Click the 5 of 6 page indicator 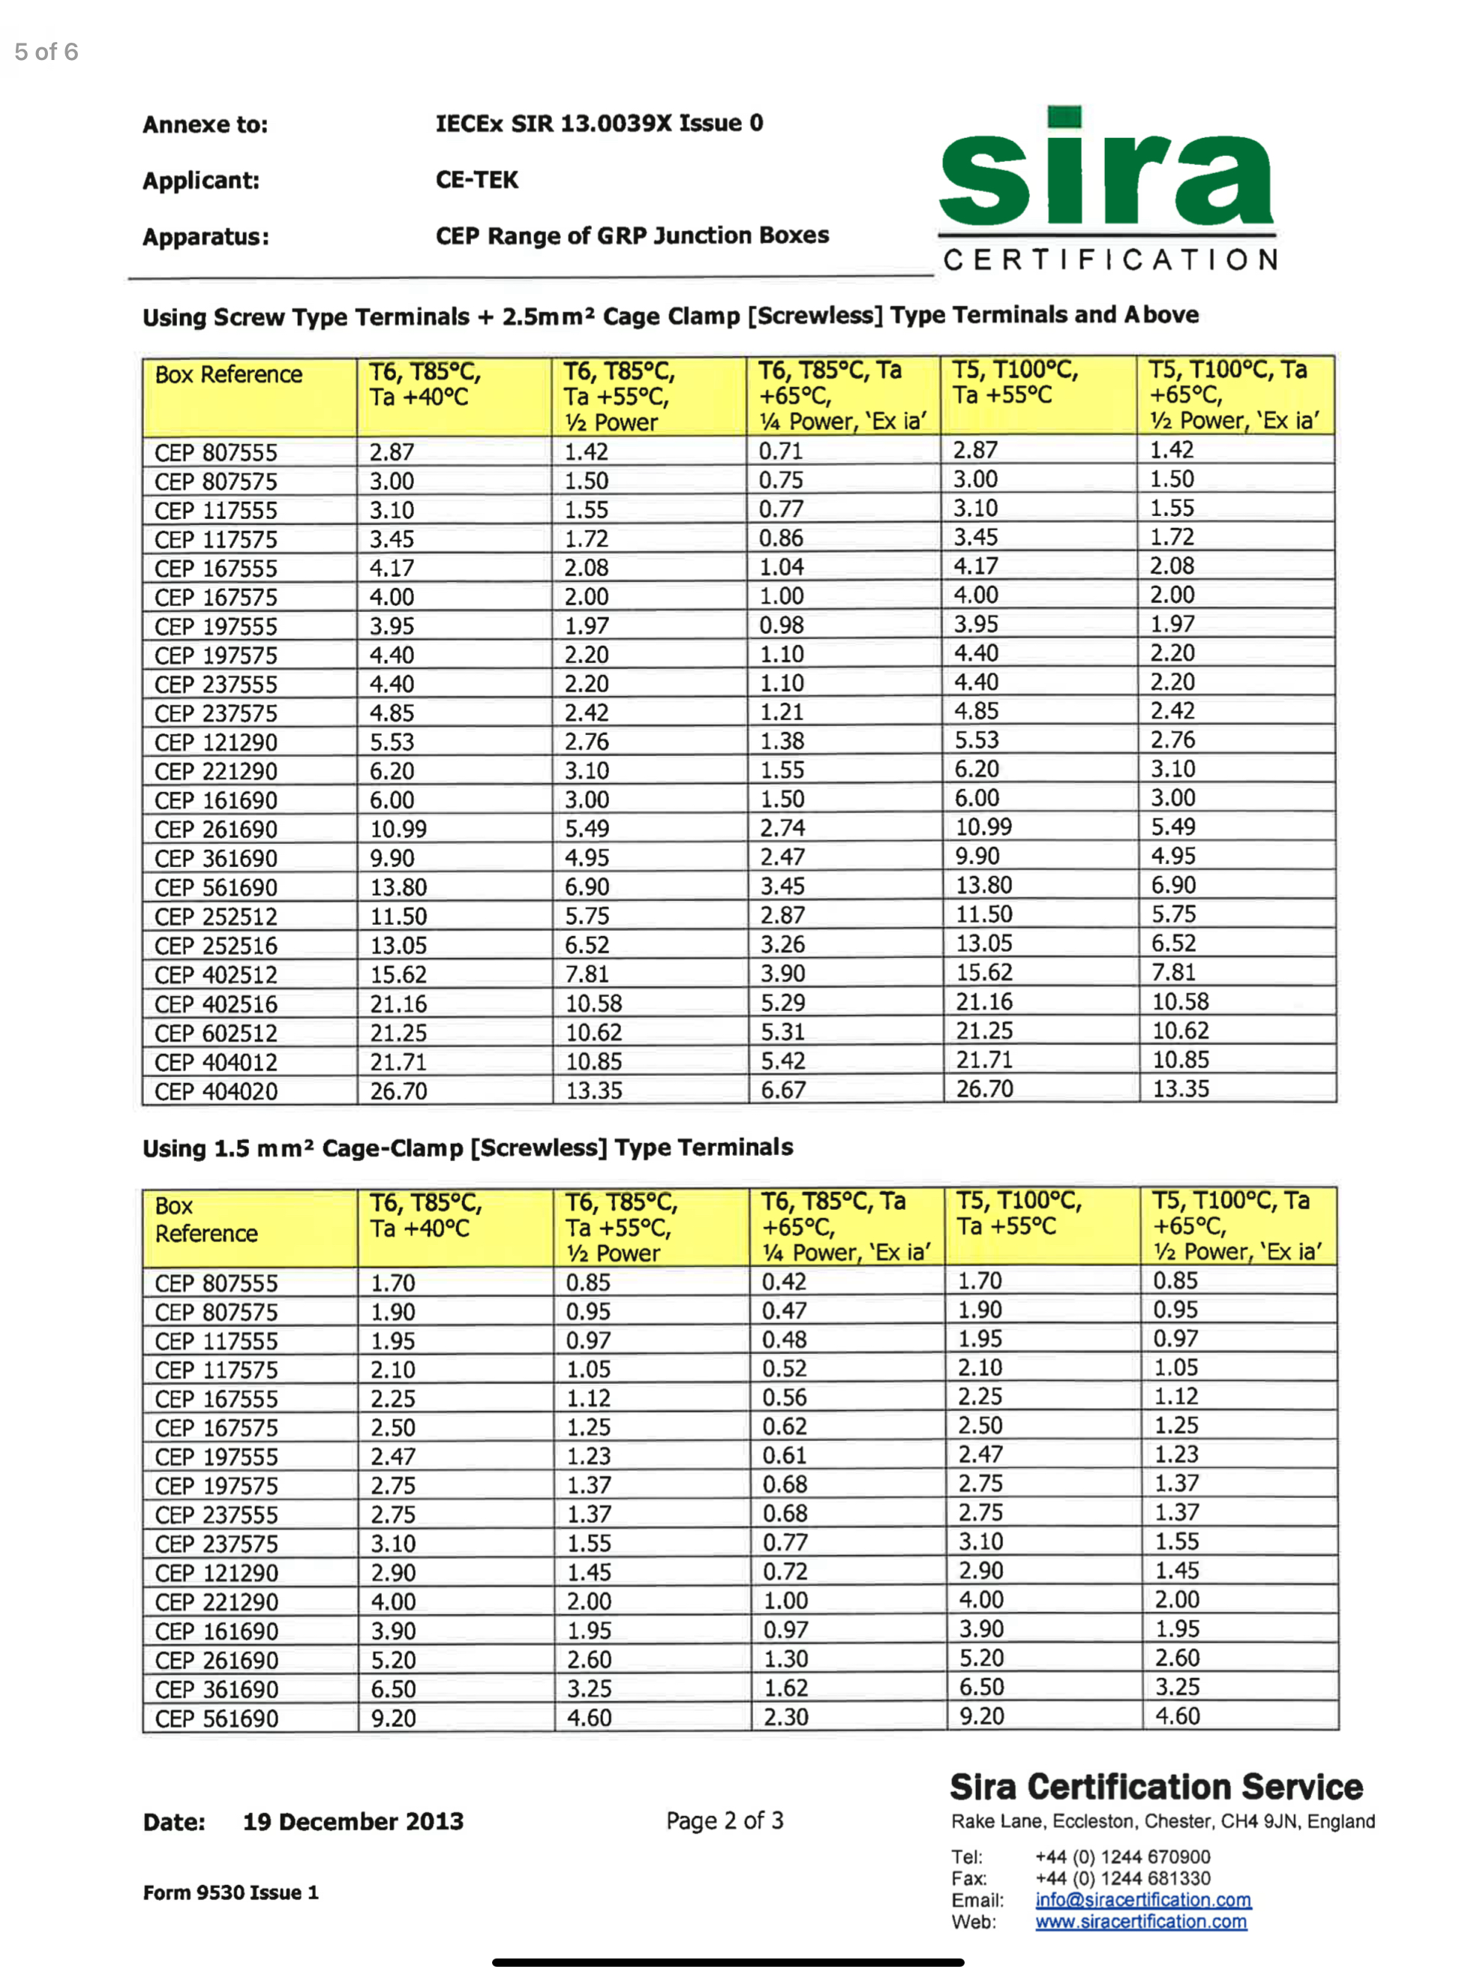pos(46,52)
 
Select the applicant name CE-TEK pos(477,180)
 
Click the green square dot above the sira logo pos(1064,118)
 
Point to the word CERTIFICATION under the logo pos(1110,260)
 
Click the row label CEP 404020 pos(216,1091)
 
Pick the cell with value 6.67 pos(783,1090)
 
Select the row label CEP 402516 pos(216,1004)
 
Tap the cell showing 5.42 pos(783,1061)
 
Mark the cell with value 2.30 pos(786,1717)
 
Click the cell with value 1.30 pos(786,1658)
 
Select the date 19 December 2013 pos(353,1820)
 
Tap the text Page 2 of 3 pos(724,1820)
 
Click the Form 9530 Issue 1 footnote pos(230,1892)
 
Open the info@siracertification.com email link pos(1143,1899)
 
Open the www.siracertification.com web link pos(1141,1922)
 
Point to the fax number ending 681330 pos(1122,1878)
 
